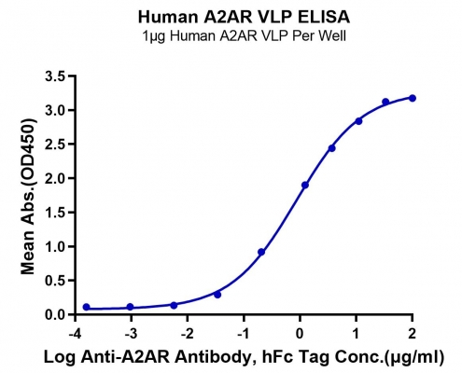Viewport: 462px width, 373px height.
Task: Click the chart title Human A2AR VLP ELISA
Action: pyautogui.click(x=244, y=17)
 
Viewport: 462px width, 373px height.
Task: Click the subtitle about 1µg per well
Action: pyautogui.click(x=244, y=36)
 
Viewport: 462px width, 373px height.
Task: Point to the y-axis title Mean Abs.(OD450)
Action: pyautogui.click(x=28, y=196)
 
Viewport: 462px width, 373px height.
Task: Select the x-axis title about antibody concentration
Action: pyautogui.click(x=244, y=357)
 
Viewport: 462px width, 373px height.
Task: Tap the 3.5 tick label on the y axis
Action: pyautogui.click(x=57, y=76)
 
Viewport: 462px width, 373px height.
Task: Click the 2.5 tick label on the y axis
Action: pyautogui.click(x=57, y=145)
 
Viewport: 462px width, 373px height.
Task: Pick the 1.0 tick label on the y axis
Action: pyautogui.click(x=57, y=246)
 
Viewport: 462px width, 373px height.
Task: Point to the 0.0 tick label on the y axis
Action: pyautogui.click(x=57, y=314)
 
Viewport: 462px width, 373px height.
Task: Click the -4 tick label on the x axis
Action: pyautogui.click(x=75, y=334)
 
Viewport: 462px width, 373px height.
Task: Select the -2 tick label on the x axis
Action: pyautogui.click(x=187, y=334)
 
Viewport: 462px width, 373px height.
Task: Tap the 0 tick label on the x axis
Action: pyautogui.click(x=300, y=334)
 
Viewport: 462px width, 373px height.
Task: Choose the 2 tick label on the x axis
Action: pyautogui.click(x=413, y=334)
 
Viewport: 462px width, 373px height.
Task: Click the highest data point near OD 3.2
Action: pyautogui.click(x=413, y=98)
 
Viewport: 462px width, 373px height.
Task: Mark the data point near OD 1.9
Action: pyautogui.click(x=305, y=185)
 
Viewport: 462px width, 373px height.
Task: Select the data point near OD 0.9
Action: pyautogui.click(x=261, y=252)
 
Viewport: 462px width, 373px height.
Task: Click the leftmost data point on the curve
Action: pyautogui.click(x=87, y=307)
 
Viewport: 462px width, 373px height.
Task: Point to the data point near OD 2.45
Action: pyautogui.click(x=332, y=148)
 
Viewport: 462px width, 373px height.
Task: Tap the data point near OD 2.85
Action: pyautogui.click(x=358, y=121)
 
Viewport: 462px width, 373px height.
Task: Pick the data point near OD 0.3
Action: pyautogui.click(x=217, y=295)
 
